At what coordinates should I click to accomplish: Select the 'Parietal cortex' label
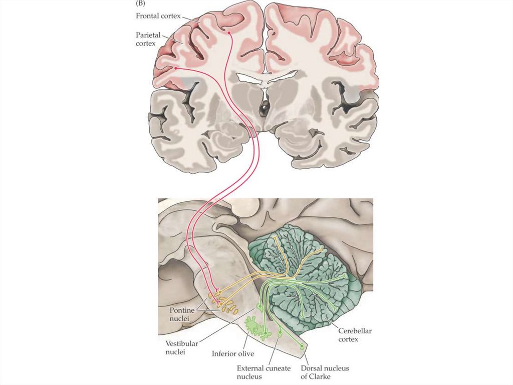point(149,40)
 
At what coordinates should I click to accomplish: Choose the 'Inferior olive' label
point(230,352)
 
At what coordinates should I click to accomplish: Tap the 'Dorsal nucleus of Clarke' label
point(324,372)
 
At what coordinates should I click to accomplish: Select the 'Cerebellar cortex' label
point(355,335)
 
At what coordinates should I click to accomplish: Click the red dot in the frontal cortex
point(229,33)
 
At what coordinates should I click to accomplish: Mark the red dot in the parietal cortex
point(176,68)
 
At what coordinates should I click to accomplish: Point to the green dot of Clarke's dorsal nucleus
point(302,345)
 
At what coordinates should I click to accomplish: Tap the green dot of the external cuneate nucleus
point(280,332)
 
